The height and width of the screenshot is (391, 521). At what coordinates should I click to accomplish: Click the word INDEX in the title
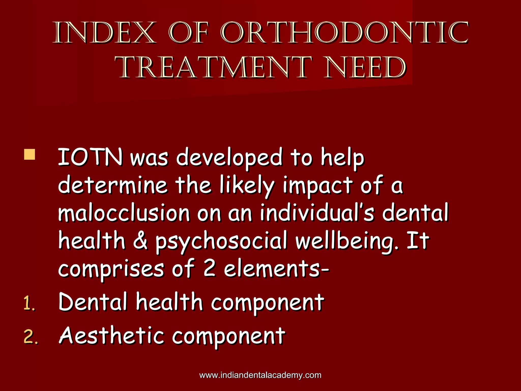click(x=104, y=33)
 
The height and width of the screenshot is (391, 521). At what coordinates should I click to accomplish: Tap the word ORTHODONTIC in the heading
click(x=344, y=33)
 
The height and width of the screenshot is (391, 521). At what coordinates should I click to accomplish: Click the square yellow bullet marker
click(x=30, y=155)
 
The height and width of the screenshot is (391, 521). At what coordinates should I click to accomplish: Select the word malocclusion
click(x=124, y=213)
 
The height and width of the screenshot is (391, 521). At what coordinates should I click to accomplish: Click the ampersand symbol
click(x=140, y=241)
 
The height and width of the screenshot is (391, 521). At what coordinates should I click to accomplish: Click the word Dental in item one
click(x=93, y=302)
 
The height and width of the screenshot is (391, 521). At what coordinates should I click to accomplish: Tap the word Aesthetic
click(x=111, y=336)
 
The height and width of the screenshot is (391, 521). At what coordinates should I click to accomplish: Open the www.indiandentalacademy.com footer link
click(x=260, y=375)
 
